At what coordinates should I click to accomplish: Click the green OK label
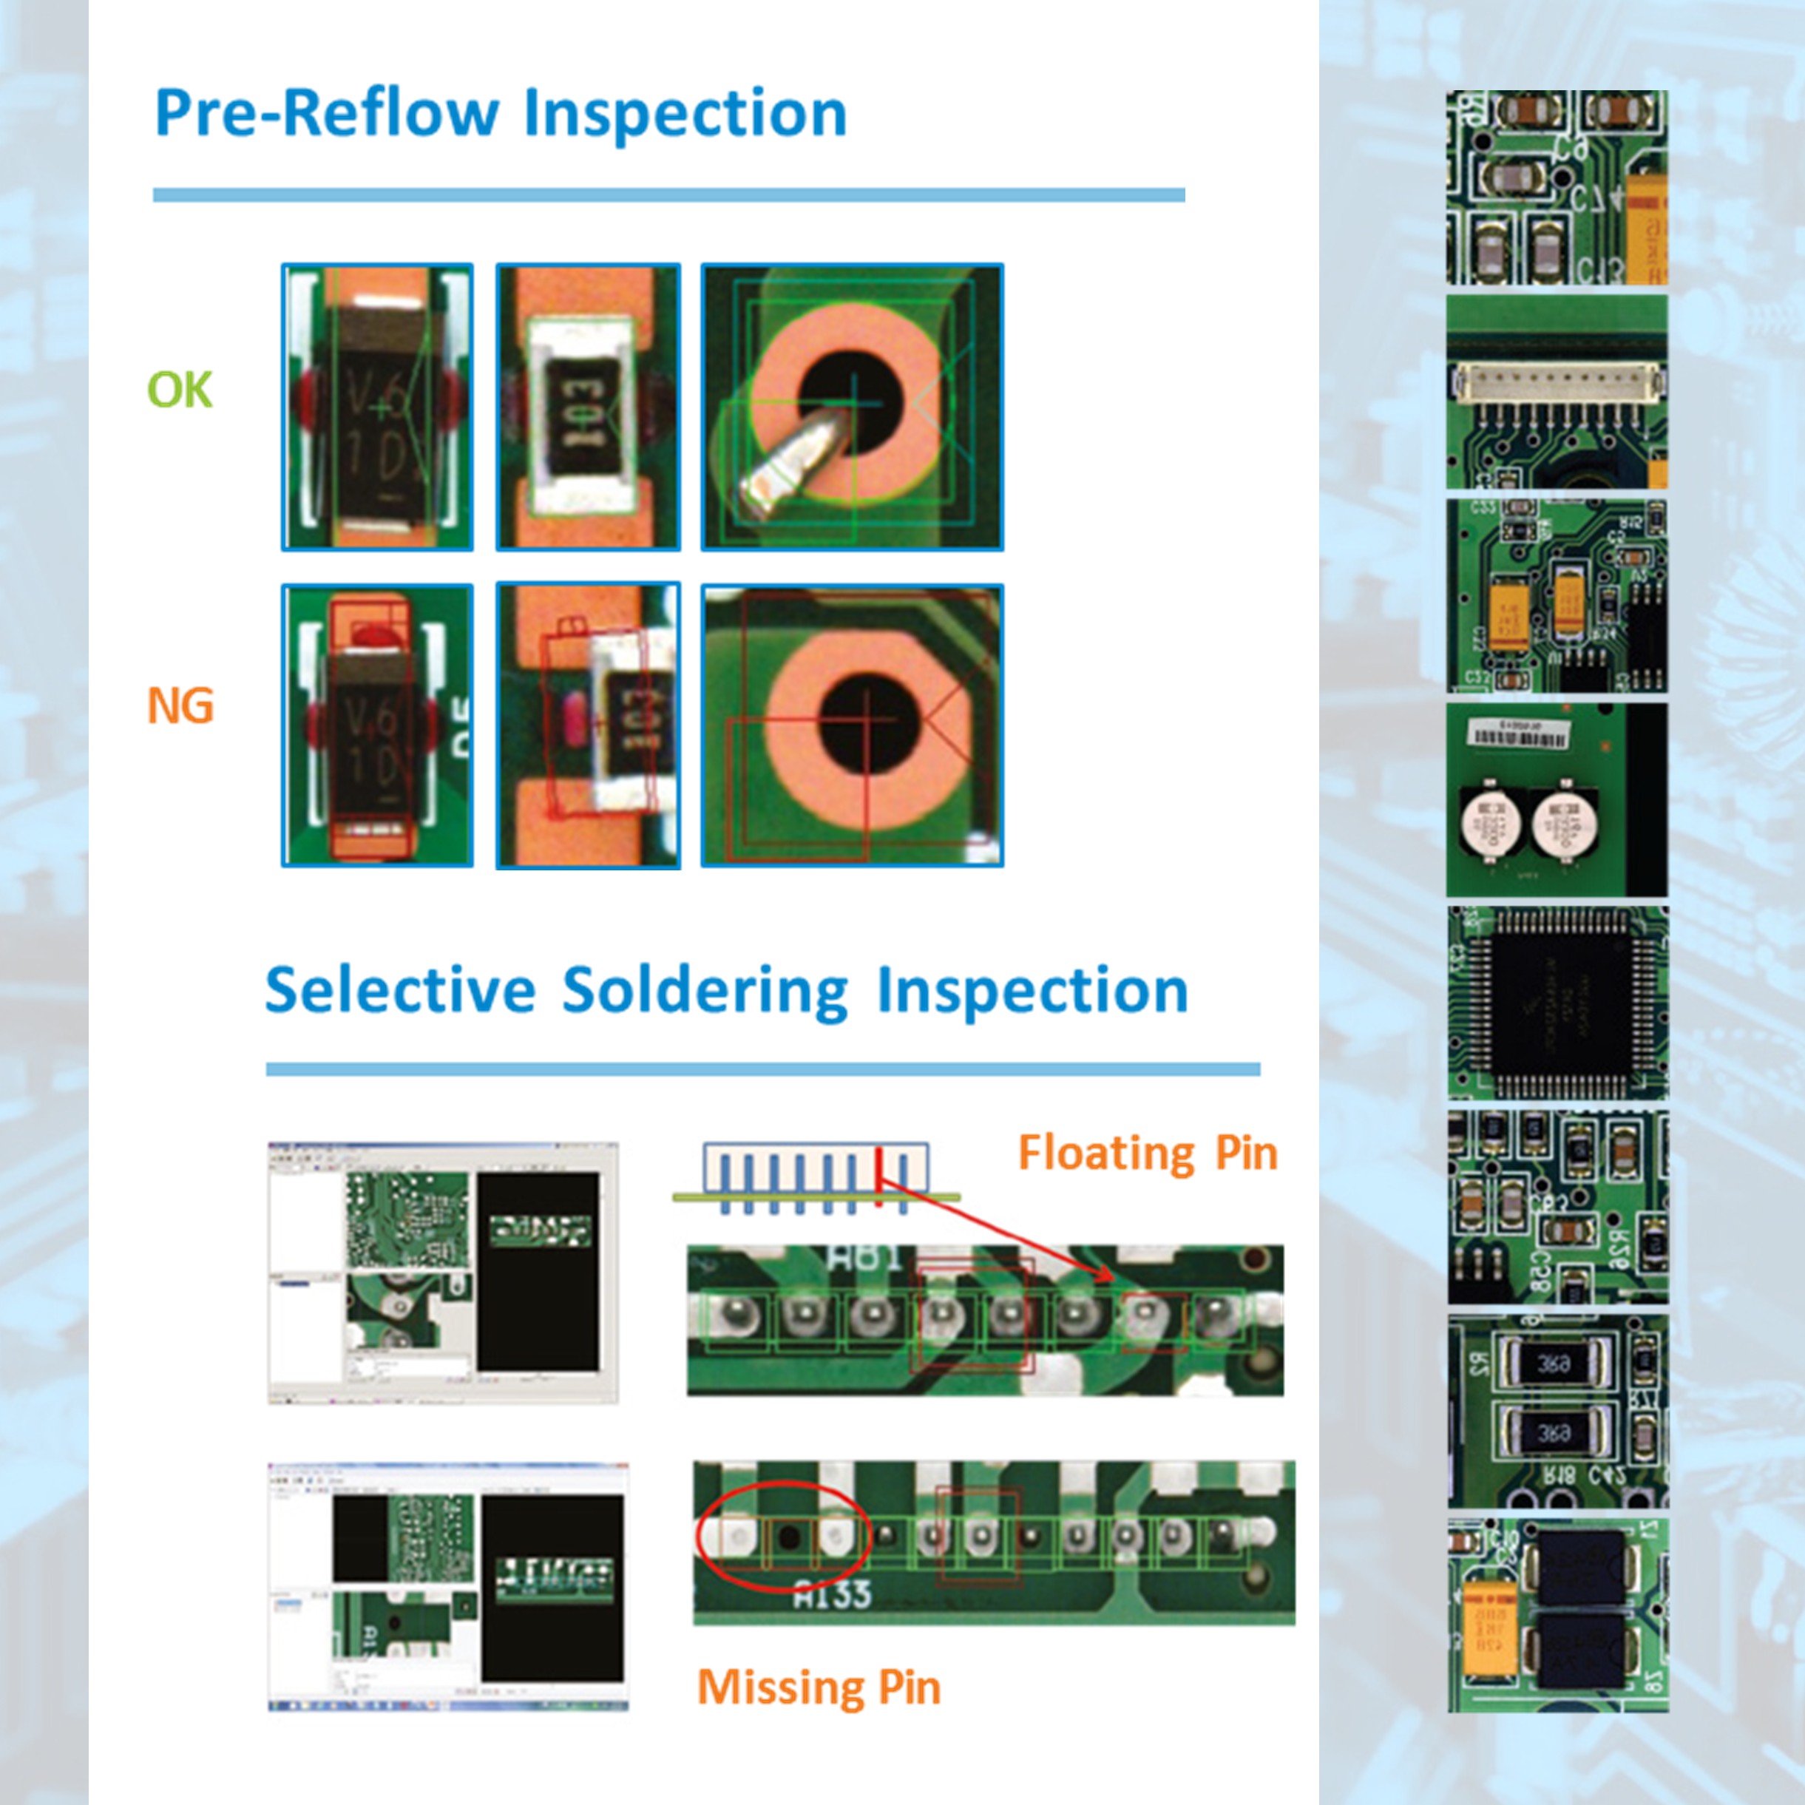click(x=180, y=389)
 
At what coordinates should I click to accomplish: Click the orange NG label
click(x=180, y=705)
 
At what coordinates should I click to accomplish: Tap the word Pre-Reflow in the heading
click(x=327, y=114)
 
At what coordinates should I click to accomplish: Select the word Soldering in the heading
click(x=705, y=990)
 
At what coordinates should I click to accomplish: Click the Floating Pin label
click(x=1148, y=1152)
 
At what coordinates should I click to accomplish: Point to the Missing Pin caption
click(x=819, y=1687)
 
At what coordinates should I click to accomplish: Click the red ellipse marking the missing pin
click(x=783, y=1535)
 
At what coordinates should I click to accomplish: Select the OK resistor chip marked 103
click(x=586, y=408)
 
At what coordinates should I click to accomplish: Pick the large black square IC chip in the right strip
click(x=1557, y=1003)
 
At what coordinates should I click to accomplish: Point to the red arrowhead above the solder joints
click(x=1105, y=1276)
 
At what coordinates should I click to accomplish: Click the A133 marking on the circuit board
click(x=833, y=1593)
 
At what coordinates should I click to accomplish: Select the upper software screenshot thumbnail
click(x=443, y=1273)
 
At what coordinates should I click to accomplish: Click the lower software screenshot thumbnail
click(x=448, y=1585)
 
